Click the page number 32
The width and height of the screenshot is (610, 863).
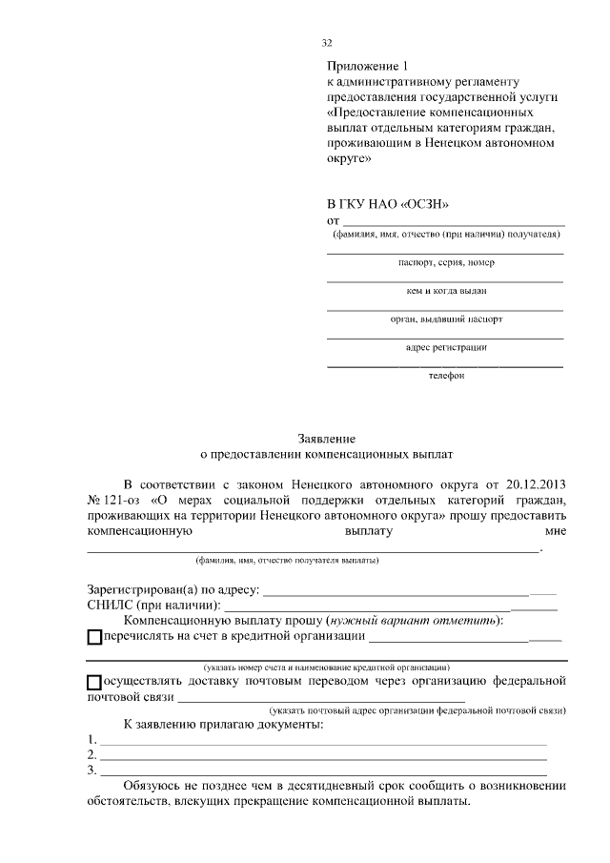tap(328, 43)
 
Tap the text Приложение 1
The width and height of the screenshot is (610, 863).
tap(367, 67)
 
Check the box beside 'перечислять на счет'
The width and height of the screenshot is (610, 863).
tap(93, 637)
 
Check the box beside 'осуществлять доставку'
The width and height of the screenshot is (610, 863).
tap(93, 683)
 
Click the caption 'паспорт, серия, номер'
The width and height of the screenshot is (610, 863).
tap(446, 262)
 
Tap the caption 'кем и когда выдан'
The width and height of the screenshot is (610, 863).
tap(446, 291)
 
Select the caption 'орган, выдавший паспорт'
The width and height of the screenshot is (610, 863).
tap(446, 319)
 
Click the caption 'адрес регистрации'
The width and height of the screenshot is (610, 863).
tap(446, 347)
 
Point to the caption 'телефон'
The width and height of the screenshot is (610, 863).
tap(446, 376)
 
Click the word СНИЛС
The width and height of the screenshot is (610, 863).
tap(110, 605)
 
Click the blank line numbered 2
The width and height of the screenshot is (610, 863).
tap(324, 756)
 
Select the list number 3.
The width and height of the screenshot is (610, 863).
tap(91, 770)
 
